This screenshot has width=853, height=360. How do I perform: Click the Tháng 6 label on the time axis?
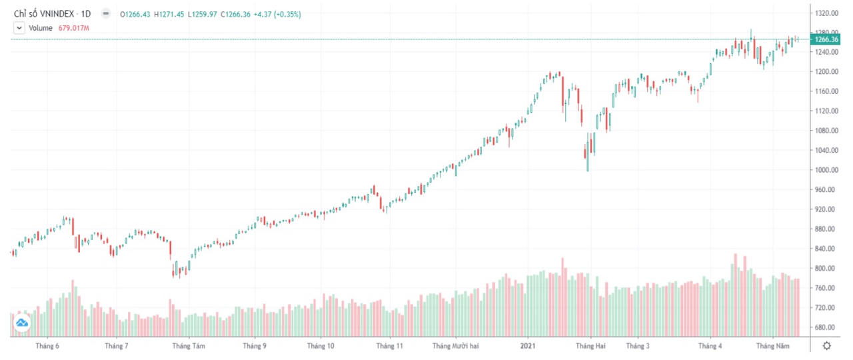(47, 346)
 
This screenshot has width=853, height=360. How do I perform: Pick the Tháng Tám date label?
(189, 346)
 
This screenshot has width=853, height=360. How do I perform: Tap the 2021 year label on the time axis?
(528, 346)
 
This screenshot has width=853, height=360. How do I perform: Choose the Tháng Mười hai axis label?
(455, 346)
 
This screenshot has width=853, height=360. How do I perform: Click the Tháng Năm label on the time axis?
(773, 346)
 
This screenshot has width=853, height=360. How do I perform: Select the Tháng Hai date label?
(591, 346)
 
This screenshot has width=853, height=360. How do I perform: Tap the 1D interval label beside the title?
(85, 13)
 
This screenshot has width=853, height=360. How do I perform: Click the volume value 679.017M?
(74, 28)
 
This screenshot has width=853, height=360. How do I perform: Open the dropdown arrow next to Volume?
(19, 28)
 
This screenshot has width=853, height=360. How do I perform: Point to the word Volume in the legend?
(41, 28)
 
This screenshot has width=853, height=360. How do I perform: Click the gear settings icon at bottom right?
(827, 345)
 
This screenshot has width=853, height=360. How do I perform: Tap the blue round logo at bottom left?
(22, 323)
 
